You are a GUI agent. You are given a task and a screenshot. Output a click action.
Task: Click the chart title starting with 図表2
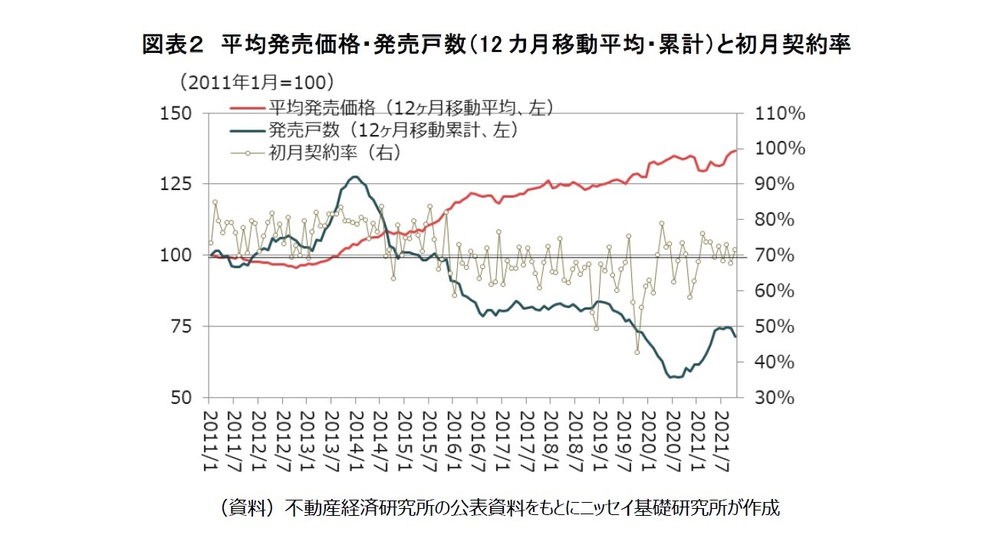coord(497,45)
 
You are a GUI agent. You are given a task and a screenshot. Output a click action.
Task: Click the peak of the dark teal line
coord(353,177)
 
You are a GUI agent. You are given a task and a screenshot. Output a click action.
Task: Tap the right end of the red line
coord(735,150)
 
